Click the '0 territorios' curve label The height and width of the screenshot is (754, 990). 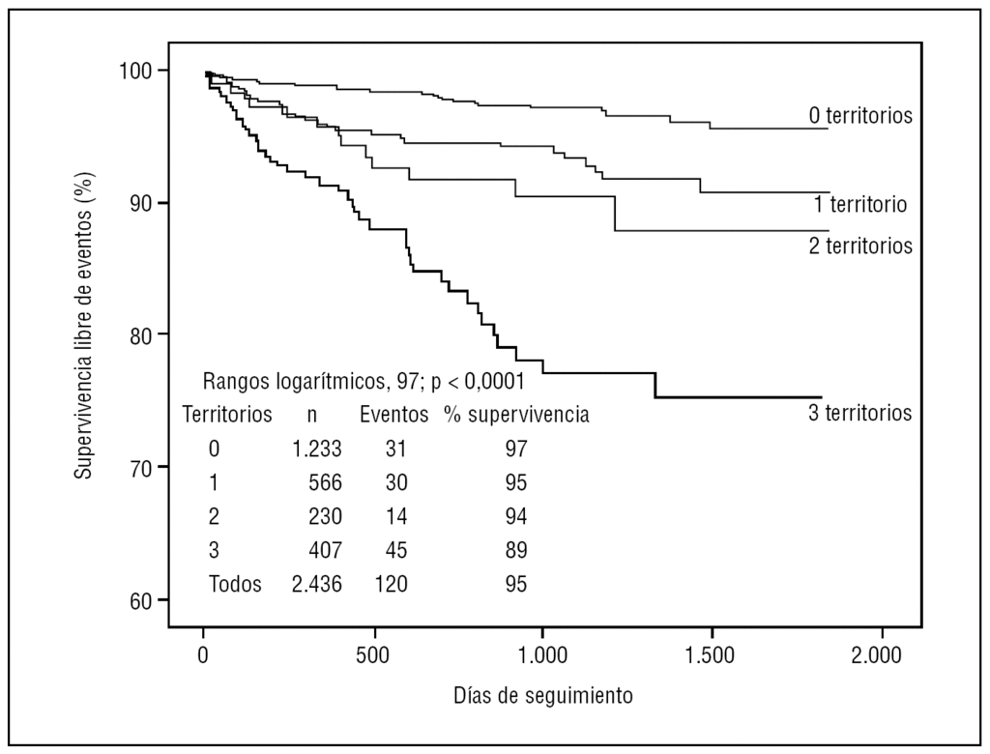pos(860,115)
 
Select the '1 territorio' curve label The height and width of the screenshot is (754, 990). pos(860,205)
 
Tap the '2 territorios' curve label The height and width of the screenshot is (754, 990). pos(860,246)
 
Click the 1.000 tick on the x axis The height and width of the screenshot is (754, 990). pos(541,655)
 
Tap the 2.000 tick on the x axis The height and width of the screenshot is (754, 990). pos(881,655)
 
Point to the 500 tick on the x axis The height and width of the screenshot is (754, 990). pos(372,655)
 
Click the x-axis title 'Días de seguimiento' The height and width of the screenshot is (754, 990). pos(542,694)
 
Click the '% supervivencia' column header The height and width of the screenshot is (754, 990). pos(517,415)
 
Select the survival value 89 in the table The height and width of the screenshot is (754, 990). pos(515,550)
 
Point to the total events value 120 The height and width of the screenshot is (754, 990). pos(392,584)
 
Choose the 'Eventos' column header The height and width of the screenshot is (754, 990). pos(393,415)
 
